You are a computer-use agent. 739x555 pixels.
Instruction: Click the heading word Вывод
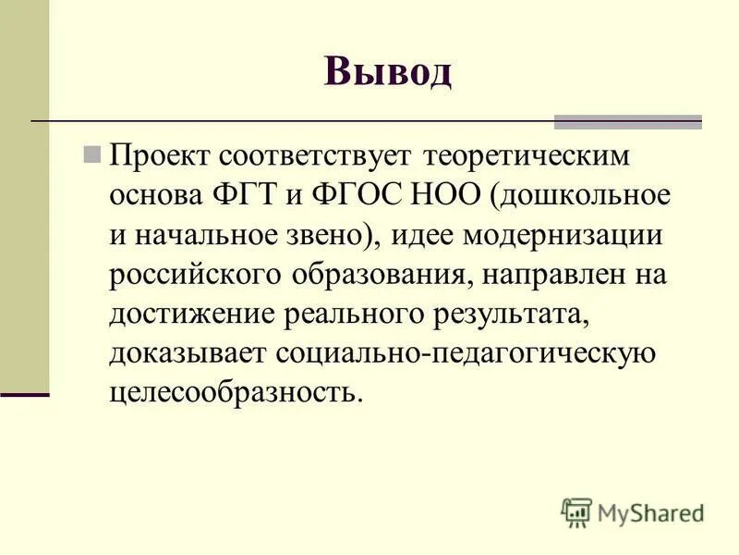[388, 70]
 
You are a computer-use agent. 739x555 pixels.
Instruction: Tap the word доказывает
[188, 353]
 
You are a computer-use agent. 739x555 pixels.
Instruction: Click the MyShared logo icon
[575, 512]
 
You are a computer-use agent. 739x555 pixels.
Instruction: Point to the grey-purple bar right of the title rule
[627, 121]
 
